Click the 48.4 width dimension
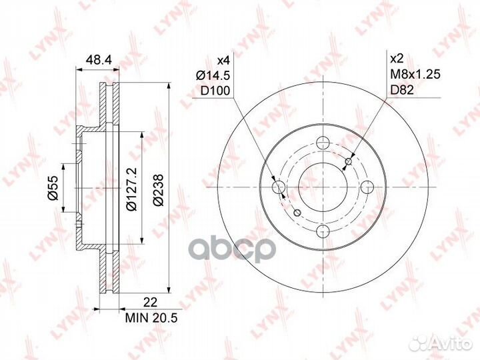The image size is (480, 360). [x=97, y=60]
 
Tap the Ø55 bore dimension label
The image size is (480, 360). [x=53, y=188]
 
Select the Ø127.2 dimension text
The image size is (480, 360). [x=132, y=189]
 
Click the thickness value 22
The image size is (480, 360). [x=150, y=303]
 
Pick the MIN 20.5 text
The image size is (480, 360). [x=151, y=318]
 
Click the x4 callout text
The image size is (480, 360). [x=223, y=60]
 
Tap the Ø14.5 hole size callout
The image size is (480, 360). [x=213, y=75]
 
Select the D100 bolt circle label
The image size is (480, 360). [x=215, y=91]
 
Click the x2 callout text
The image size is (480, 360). [x=397, y=59]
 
